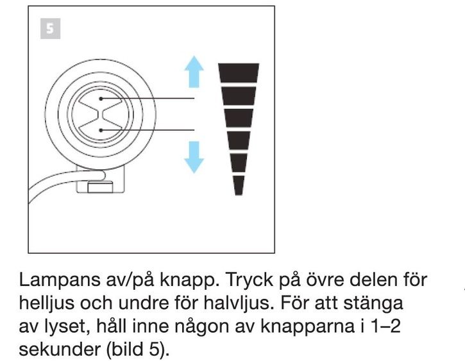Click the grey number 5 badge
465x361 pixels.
click(51, 29)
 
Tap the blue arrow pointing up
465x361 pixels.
click(194, 71)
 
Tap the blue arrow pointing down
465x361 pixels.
click(194, 157)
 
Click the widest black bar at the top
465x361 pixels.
click(239, 73)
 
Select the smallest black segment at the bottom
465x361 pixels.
click(239, 185)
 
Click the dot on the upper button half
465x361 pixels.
click(101, 99)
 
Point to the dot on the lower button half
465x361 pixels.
click(101, 130)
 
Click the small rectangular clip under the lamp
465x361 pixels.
click(100, 188)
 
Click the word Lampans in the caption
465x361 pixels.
click(60, 280)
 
